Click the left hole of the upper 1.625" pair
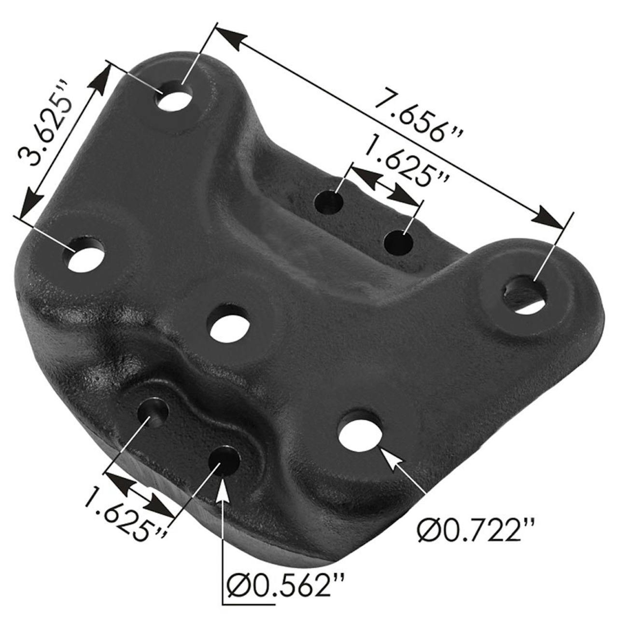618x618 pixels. pos(329,203)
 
